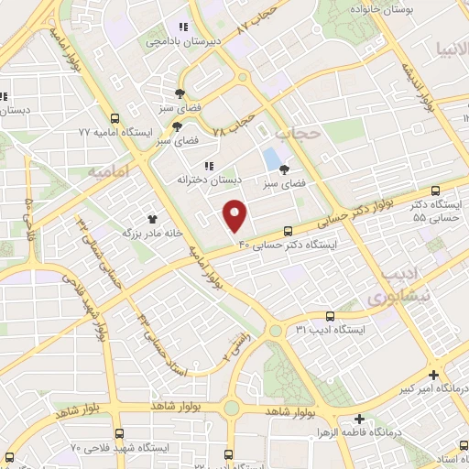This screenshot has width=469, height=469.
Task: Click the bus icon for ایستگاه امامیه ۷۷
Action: click(115, 118)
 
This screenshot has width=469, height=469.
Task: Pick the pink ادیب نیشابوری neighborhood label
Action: click(389, 285)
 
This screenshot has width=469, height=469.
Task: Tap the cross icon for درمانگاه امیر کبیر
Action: click(433, 374)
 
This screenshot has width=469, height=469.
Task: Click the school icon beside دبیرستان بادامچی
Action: click(182, 27)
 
